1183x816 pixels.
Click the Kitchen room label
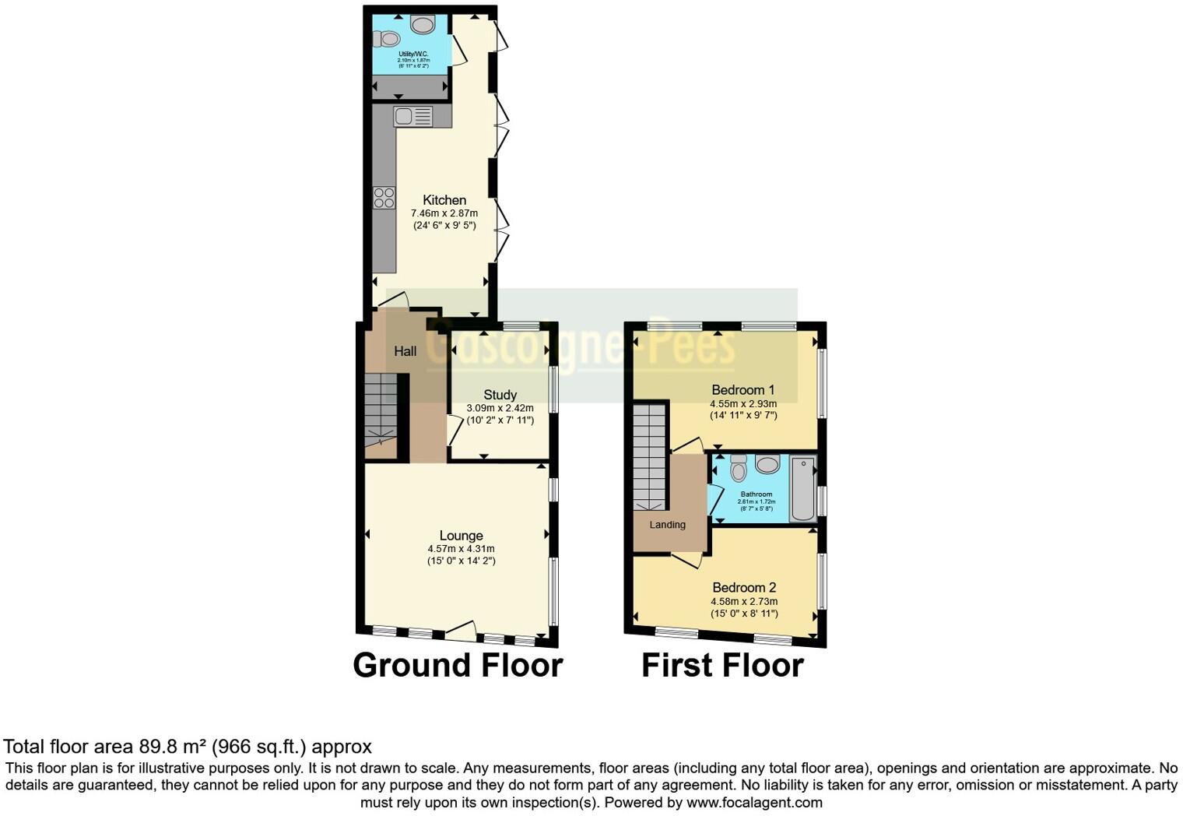[x=444, y=200]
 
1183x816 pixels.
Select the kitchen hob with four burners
[x=384, y=198]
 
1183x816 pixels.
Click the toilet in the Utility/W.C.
[x=387, y=38]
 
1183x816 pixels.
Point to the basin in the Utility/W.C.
[x=423, y=25]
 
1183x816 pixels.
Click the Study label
[x=500, y=395]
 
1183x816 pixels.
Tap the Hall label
[x=405, y=351]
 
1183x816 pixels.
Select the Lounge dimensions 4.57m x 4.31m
[x=461, y=548]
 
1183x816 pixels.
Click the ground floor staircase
[x=381, y=409]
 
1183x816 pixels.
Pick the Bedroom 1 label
[x=743, y=389]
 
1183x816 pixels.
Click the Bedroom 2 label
[x=744, y=588]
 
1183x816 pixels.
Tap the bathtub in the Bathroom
[x=803, y=488]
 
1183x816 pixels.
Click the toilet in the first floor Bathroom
[x=739, y=468]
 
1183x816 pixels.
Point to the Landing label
[x=668, y=525]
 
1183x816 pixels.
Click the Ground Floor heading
[x=458, y=666]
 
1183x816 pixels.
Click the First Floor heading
[x=722, y=666]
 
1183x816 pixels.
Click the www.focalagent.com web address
[x=753, y=802]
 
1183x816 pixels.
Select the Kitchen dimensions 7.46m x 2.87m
[x=444, y=213]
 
